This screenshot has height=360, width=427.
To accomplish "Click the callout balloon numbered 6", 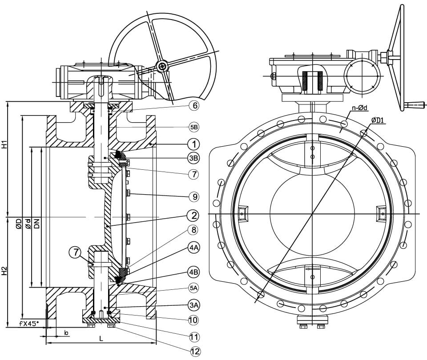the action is click(195, 106).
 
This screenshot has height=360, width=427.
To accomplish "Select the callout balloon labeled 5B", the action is click(194, 127).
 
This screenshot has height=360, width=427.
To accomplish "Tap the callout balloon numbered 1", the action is click(194, 144).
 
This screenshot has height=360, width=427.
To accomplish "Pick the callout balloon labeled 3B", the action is click(194, 158).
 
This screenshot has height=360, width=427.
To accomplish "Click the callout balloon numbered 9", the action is click(195, 196).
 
